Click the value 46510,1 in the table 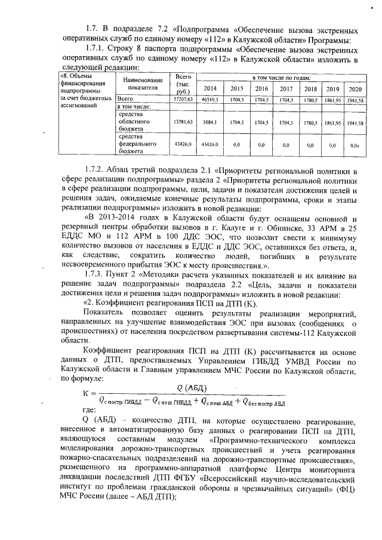point(210,99)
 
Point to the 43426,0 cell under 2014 point(210,144)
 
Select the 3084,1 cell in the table point(210,121)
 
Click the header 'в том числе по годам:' point(282,78)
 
